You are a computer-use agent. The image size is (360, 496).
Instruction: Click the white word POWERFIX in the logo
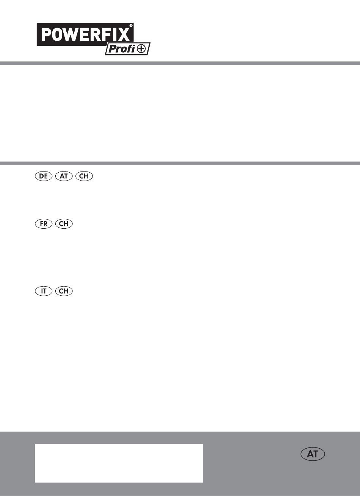pos(85,34)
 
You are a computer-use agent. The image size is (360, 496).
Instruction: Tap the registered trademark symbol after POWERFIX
pos(131,26)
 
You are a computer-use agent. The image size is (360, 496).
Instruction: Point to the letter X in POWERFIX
pos(124,34)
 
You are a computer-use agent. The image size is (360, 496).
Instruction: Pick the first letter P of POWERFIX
pos(46,34)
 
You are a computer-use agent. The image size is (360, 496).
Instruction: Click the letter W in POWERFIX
pos(71,34)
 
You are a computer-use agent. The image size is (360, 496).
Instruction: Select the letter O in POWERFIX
pos(57,34)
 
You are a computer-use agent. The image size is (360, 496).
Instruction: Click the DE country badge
pos(44,176)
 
